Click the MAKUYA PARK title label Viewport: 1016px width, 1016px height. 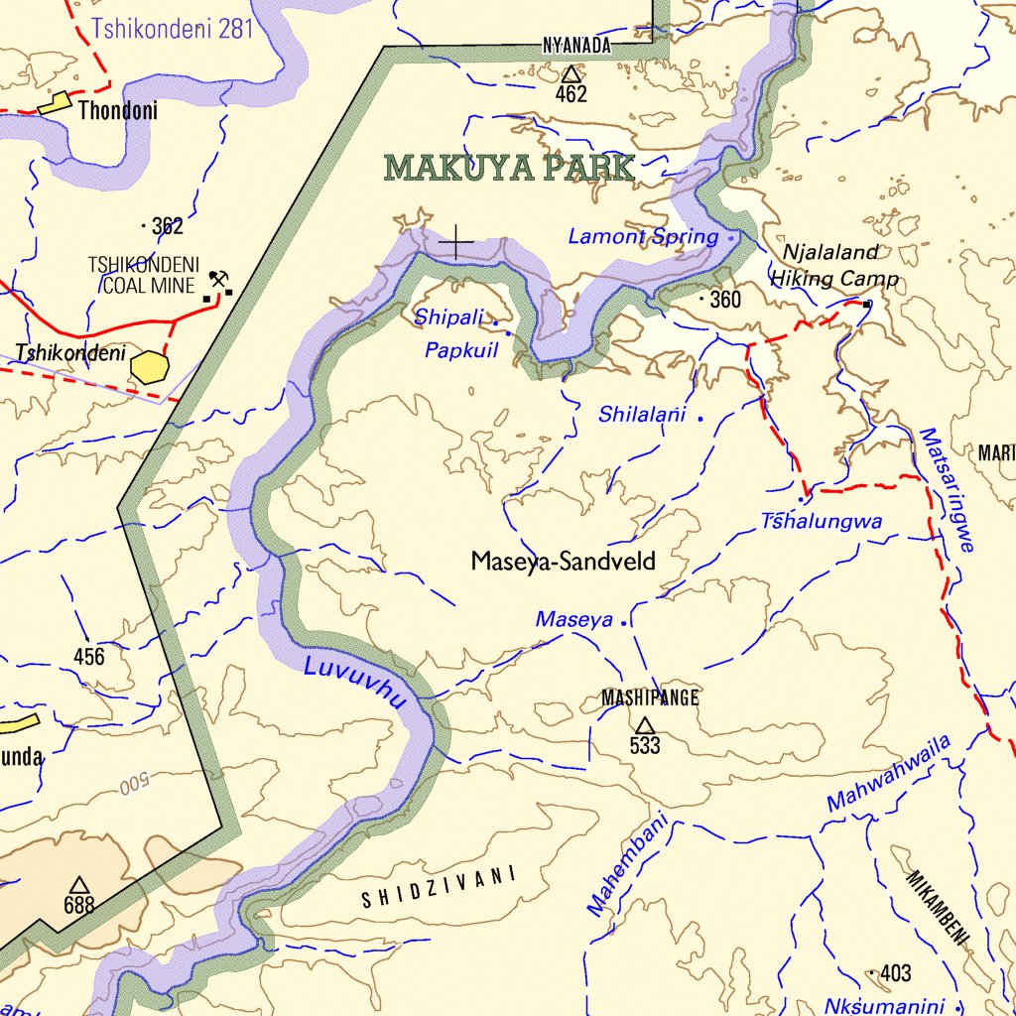[x=509, y=169]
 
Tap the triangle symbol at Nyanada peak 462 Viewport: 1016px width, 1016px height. [x=571, y=73]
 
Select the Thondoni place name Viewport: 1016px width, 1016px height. [x=117, y=111]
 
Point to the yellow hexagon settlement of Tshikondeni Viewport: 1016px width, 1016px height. [x=151, y=366]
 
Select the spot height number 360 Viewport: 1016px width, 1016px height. [x=725, y=300]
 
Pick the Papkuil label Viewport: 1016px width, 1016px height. [x=460, y=350]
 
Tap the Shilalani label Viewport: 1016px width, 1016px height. [x=642, y=416]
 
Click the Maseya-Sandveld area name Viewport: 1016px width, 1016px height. [x=563, y=563]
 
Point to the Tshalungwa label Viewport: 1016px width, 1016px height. [x=822, y=522]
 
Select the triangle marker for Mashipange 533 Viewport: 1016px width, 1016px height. [x=645, y=725]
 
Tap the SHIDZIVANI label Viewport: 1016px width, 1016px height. [x=439, y=888]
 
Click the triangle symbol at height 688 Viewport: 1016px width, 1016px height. [x=79, y=883]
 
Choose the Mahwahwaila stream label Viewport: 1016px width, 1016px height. [x=888, y=774]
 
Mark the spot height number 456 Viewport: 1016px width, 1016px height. [x=88, y=657]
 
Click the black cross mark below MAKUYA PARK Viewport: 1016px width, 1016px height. [x=456, y=242]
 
